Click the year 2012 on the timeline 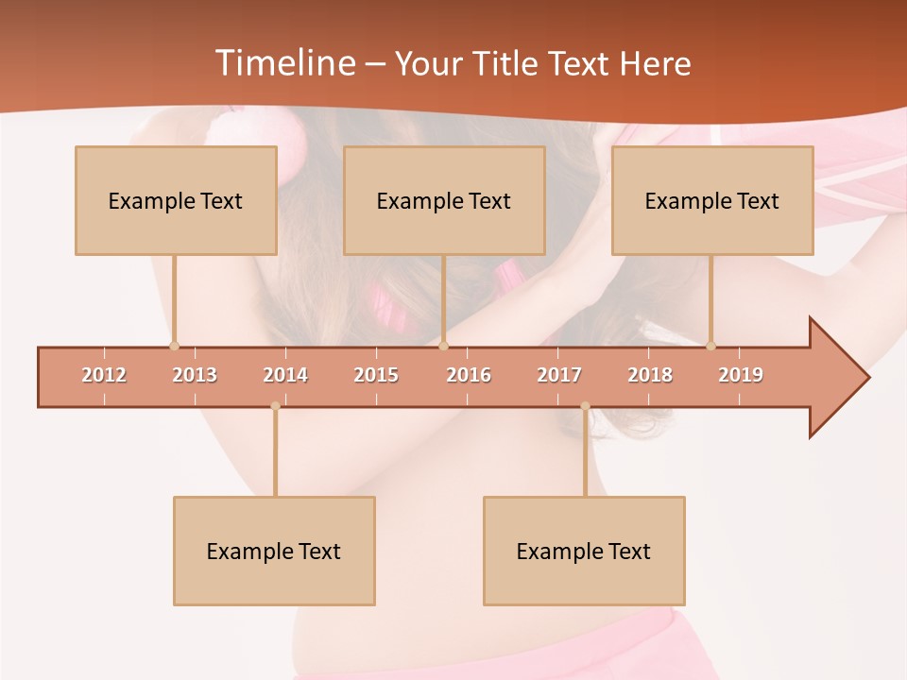click(x=104, y=375)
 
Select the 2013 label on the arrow click(x=195, y=375)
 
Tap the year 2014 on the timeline click(x=285, y=375)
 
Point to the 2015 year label click(x=376, y=375)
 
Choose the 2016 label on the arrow click(x=469, y=375)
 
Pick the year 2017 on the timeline click(x=559, y=375)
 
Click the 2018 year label click(x=650, y=375)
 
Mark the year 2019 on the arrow click(x=741, y=375)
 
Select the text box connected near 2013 click(x=176, y=200)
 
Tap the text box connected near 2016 click(x=444, y=200)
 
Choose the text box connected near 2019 click(x=712, y=200)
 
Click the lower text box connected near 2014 click(x=274, y=551)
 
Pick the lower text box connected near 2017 click(x=584, y=551)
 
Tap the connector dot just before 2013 click(x=174, y=346)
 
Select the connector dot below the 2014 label click(x=275, y=406)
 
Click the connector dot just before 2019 click(x=710, y=346)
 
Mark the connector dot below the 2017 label click(x=585, y=406)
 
